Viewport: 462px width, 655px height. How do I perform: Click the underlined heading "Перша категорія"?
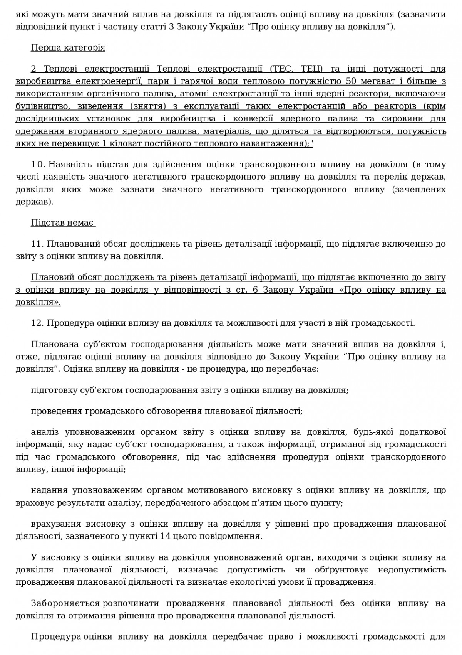point(68,48)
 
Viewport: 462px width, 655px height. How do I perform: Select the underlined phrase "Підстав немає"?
point(62,223)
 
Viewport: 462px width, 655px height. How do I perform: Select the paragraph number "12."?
point(38,323)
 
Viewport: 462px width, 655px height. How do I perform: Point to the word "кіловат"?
point(154,144)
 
